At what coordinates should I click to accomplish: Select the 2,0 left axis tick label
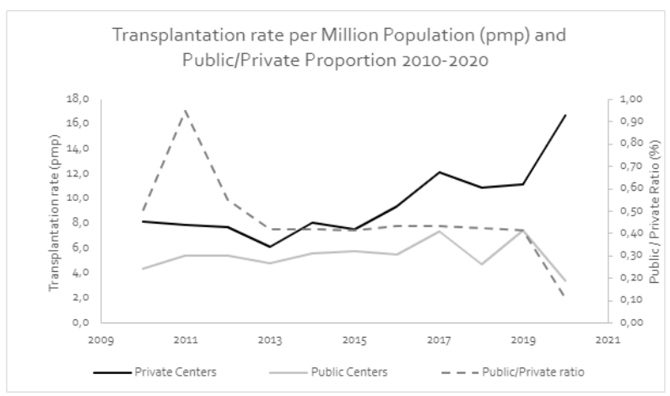79,298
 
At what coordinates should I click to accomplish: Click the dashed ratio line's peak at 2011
186,110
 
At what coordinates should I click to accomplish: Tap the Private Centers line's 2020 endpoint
565,115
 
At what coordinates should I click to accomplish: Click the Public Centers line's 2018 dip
480,264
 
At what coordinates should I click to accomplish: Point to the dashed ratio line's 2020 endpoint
565,296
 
